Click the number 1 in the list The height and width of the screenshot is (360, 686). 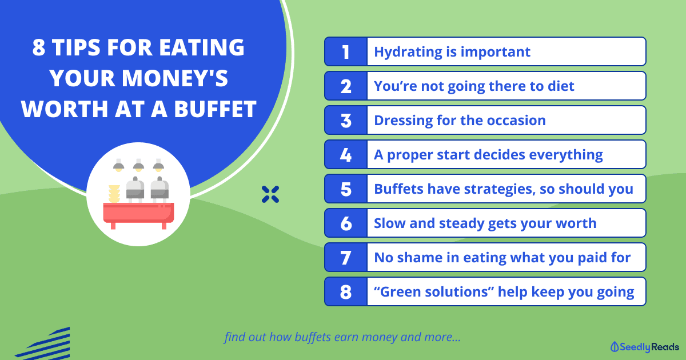(x=346, y=52)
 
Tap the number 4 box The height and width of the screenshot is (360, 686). (x=346, y=155)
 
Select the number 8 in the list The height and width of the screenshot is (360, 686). (x=346, y=292)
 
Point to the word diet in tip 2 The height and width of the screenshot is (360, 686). (x=561, y=86)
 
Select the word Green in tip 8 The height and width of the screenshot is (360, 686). (x=400, y=292)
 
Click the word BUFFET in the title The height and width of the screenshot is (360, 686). (x=215, y=109)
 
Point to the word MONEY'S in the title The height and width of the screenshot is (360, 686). (x=175, y=78)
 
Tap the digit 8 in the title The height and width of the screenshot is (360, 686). (x=39, y=47)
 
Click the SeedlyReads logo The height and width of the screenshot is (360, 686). (x=644, y=347)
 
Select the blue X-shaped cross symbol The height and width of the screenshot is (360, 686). (x=270, y=194)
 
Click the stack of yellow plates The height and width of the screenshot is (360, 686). (x=114, y=194)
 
